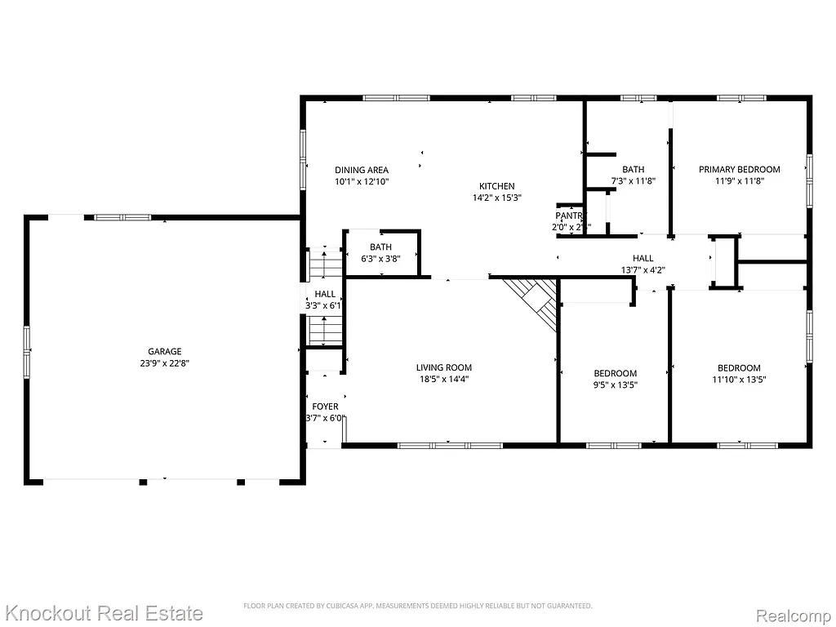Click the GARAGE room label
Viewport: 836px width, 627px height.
(164, 352)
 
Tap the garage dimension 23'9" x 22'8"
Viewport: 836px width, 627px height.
(164, 363)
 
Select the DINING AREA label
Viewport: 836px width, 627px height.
(361, 170)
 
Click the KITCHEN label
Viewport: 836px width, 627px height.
(496, 186)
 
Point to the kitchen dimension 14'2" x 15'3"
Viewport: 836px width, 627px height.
(496, 198)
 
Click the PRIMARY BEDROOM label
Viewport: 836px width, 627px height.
(739, 170)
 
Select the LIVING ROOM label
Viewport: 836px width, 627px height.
(443, 367)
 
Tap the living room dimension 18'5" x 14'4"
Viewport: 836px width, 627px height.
(443, 379)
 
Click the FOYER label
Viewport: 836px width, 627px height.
(325, 407)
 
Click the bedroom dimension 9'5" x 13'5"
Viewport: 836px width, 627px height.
(614, 385)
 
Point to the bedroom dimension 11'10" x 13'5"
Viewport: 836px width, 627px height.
(739, 379)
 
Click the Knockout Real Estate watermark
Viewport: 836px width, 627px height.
(104, 613)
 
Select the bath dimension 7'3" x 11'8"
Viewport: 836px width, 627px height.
(633, 181)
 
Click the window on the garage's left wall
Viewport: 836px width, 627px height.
(27, 352)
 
